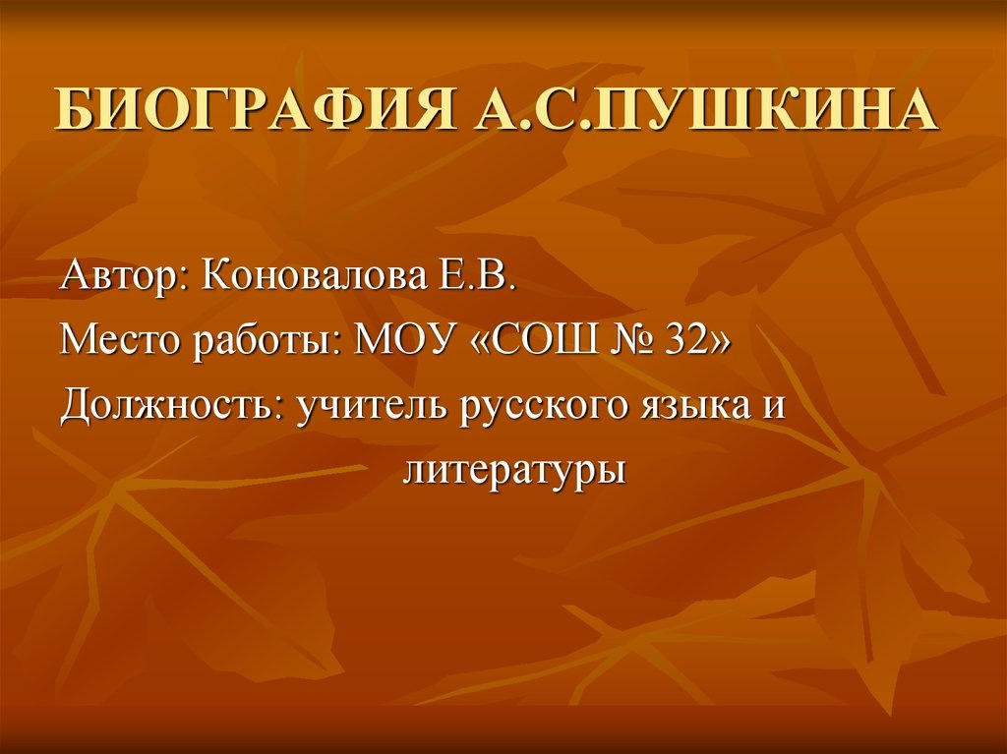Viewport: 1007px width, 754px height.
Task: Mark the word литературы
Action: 514,471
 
